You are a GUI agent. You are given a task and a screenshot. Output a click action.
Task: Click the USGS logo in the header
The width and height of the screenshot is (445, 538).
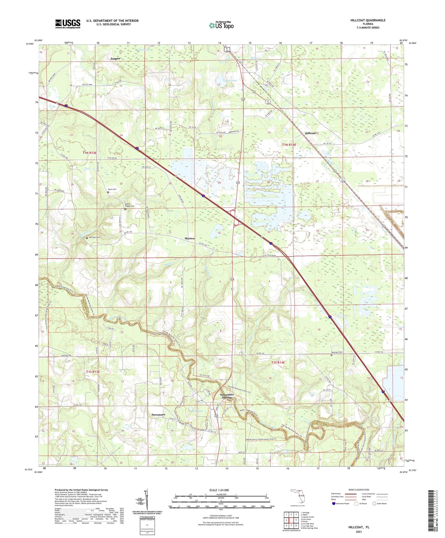tap(68, 24)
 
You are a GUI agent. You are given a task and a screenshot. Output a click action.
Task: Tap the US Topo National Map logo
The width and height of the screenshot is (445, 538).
tap(221, 25)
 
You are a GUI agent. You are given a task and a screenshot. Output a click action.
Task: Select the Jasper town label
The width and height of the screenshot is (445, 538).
tap(115, 58)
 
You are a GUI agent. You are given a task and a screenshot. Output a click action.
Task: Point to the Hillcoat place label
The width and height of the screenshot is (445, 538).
tap(310, 133)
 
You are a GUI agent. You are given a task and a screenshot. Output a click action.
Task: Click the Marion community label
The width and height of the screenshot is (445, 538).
tap(189, 238)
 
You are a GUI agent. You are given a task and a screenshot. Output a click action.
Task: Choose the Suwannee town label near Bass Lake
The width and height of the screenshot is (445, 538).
tap(158, 415)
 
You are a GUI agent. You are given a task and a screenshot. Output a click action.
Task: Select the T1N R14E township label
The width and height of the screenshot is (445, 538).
tap(289, 145)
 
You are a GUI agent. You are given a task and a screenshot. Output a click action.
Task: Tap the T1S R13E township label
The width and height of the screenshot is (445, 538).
tap(91, 372)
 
